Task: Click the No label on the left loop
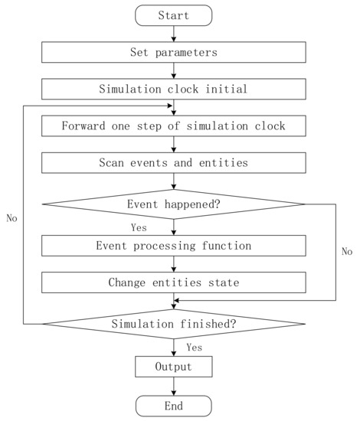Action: tap(11, 218)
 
